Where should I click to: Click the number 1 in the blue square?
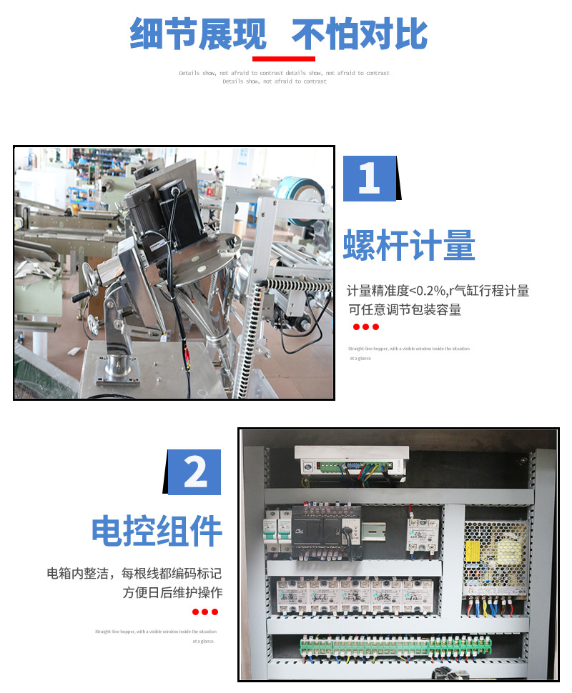(369, 179)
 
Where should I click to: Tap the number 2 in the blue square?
(194, 472)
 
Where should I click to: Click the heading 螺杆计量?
(409, 245)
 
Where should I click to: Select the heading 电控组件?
(157, 531)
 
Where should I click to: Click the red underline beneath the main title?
(283, 59)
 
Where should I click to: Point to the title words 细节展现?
(198, 34)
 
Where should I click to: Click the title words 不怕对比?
(360, 34)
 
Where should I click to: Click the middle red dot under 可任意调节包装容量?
(366, 327)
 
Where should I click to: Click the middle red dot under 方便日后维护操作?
(205, 612)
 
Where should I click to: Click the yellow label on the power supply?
(473, 550)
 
